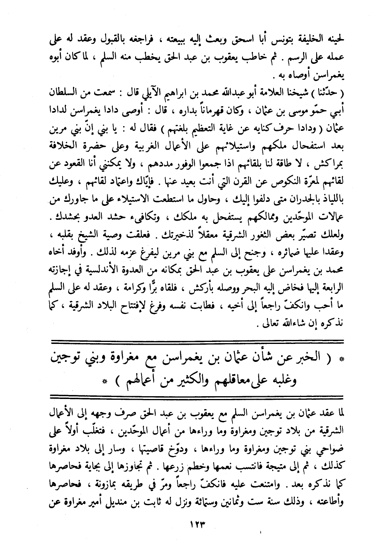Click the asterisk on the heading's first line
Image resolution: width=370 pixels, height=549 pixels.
[340, 359]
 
